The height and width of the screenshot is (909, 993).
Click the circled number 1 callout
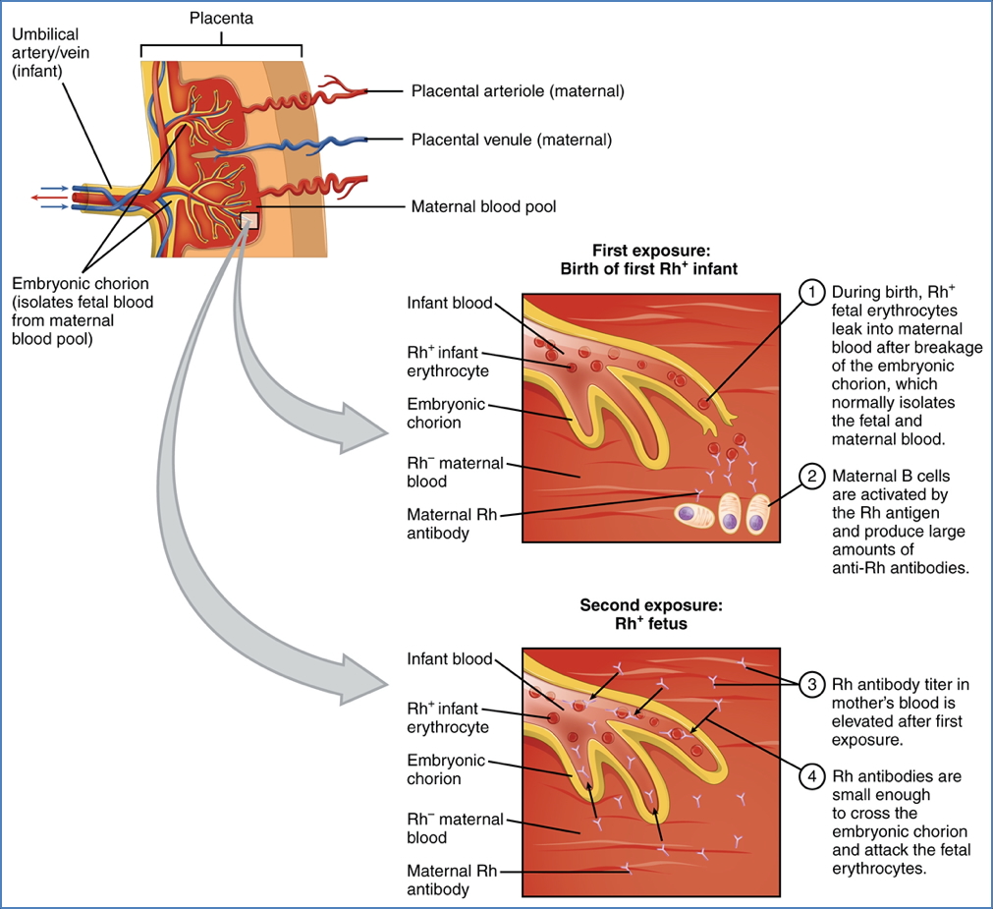(811, 292)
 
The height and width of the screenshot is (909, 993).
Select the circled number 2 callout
(811, 478)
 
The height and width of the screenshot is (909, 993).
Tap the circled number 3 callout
(811, 684)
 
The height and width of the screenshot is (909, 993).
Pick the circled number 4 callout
(811, 777)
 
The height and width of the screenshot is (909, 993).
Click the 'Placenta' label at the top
(221, 19)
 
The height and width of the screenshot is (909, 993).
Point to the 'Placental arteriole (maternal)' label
(518, 91)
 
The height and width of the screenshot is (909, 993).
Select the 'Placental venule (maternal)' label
(511, 141)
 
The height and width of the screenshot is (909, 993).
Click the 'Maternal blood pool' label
(483, 207)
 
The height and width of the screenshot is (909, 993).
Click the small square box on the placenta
(249, 220)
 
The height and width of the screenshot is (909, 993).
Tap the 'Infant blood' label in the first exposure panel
(450, 303)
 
